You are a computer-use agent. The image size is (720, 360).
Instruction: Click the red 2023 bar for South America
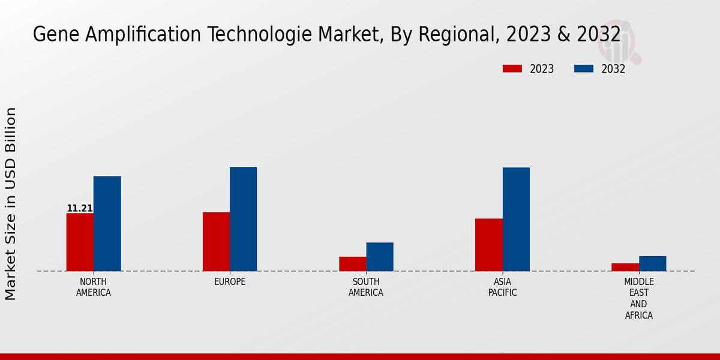352,263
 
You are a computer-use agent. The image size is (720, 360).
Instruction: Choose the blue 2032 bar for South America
380,256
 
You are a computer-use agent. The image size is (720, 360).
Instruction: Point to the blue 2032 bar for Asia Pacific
516,219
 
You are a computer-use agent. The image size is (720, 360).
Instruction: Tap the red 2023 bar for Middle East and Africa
625,267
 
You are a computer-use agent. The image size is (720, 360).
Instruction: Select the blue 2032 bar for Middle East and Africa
652,263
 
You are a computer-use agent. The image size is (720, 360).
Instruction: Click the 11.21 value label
80,209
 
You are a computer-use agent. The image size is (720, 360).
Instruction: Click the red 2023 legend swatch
512,69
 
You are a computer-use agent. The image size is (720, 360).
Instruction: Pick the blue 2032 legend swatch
583,69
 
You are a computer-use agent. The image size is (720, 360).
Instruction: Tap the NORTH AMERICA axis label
93,287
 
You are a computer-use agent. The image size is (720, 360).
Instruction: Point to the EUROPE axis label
230,282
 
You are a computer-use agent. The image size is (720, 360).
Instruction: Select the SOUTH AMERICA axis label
366,287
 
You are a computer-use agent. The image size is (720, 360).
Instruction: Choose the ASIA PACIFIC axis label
502,287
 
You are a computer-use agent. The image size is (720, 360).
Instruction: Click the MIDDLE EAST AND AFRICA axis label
639,298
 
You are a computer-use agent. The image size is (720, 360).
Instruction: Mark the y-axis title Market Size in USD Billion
11,204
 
